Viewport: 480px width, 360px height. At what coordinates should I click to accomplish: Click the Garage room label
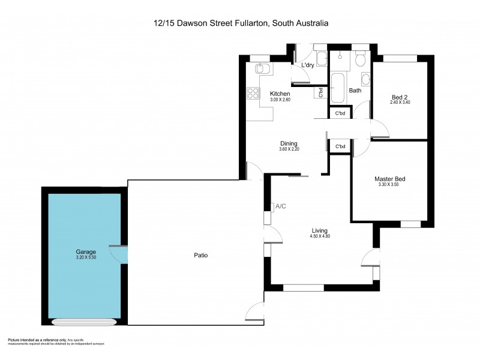tap(86, 251)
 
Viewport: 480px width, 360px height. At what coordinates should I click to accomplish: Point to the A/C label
tap(281, 206)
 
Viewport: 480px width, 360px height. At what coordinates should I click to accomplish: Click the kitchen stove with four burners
tap(253, 93)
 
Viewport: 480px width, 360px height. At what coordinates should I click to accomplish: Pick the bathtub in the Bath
tap(336, 88)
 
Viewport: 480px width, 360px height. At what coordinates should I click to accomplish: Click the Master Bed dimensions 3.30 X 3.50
tap(389, 185)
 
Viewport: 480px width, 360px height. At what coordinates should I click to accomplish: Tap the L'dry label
tap(308, 65)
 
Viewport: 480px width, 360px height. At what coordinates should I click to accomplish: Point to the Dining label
tap(289, 143)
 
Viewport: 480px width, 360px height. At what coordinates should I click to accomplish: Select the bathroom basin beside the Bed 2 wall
tap(365, 79)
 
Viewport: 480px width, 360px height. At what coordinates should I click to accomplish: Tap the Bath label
tap(355, 91)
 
